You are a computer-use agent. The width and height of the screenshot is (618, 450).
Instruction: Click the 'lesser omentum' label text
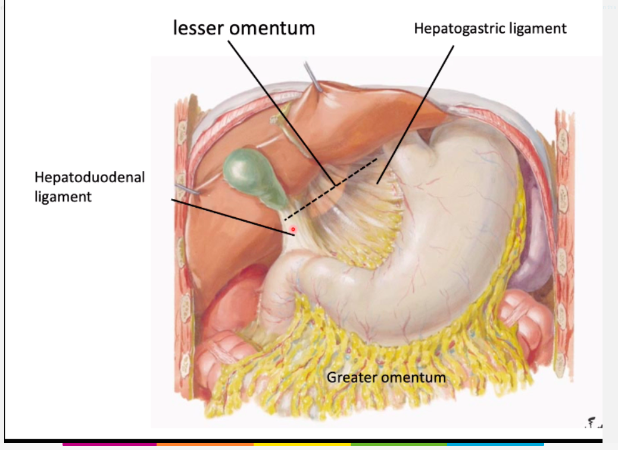point(244,27)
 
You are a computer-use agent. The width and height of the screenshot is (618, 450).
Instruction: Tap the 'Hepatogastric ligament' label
point(490,29)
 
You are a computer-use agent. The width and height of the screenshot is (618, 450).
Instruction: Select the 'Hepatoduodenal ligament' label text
point(89,186)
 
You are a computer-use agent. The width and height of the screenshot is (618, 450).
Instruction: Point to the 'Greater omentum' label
point(386,377)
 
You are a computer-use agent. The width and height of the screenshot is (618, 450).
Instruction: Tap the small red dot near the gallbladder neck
point(293,229)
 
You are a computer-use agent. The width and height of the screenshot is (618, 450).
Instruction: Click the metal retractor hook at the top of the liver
point(314,77)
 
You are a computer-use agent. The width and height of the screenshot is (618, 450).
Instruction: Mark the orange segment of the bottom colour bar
point(205,443)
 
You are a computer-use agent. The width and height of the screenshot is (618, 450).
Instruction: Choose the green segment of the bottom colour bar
point(399,443)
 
